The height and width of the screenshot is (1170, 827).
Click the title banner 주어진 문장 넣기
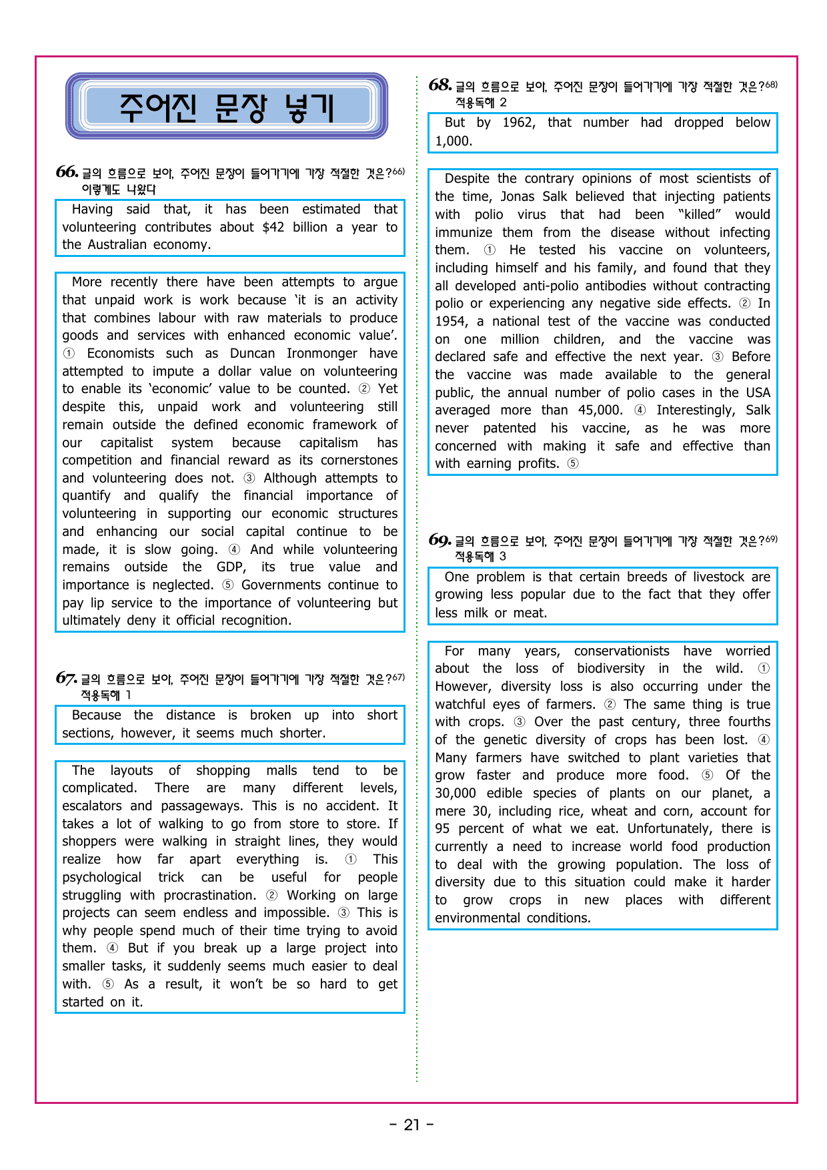227,107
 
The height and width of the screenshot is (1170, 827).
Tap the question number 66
67,172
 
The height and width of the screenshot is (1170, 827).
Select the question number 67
66,678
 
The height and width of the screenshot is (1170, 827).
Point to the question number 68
440,85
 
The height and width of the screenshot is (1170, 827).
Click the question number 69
440,540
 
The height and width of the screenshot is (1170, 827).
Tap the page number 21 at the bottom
412,1125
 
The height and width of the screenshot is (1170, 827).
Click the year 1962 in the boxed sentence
518,122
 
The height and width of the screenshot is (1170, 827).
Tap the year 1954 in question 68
450,321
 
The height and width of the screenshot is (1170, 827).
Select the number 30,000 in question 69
456,793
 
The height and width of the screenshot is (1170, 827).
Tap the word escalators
92,806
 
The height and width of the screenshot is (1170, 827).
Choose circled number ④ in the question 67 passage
113,948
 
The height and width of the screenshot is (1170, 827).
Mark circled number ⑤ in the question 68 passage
573,463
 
